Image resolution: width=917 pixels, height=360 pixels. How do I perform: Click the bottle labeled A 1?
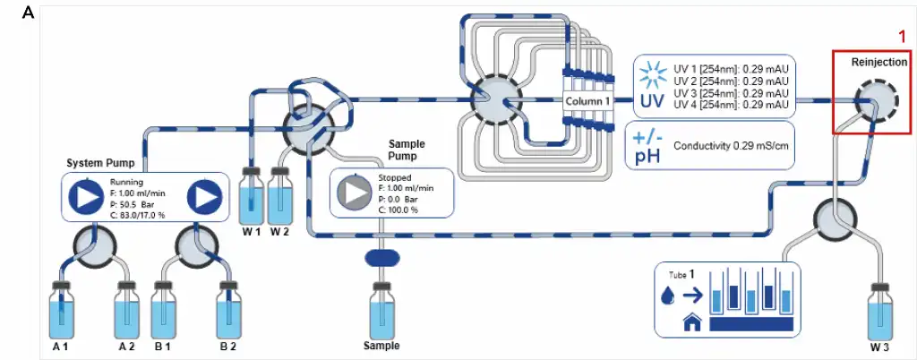pos(61,309)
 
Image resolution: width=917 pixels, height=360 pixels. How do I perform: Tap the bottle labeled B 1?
pos(163,309)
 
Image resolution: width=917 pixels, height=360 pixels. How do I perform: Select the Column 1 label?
pos(588,102)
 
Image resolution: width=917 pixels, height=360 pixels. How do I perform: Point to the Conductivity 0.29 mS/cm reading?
pos(732,145)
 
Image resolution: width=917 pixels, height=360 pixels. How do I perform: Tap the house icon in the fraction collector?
pos(690,323)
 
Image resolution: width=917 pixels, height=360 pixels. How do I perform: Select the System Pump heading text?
pos(100,163)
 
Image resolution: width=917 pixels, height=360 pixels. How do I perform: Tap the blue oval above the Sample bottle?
pos(381,257)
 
